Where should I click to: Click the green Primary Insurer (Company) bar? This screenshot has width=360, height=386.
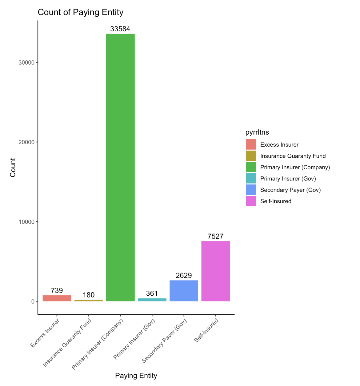120,167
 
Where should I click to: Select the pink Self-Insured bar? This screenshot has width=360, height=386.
215,271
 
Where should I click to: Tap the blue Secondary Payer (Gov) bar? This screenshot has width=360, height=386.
184,291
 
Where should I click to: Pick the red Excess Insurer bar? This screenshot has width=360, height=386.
57,298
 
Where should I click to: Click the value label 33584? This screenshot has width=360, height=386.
120,29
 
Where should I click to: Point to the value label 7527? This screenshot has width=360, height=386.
215,236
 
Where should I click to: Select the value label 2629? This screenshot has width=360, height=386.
184,275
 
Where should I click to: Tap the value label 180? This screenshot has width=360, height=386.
89,295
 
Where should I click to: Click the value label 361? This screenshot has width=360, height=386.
152,293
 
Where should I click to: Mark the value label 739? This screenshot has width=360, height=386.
57,290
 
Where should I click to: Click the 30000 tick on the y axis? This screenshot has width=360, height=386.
26,62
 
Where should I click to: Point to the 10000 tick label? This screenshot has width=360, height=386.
26,222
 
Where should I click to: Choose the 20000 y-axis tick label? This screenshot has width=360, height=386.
26,142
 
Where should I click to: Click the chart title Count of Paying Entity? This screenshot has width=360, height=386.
81,12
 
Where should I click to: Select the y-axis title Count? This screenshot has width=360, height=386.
13,167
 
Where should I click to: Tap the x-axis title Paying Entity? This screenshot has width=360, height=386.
136,376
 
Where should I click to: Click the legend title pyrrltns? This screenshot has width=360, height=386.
257,132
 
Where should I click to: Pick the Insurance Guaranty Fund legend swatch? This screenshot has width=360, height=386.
251,156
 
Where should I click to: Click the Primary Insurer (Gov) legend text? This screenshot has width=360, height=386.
288,179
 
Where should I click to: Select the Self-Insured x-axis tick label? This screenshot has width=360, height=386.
206,330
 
